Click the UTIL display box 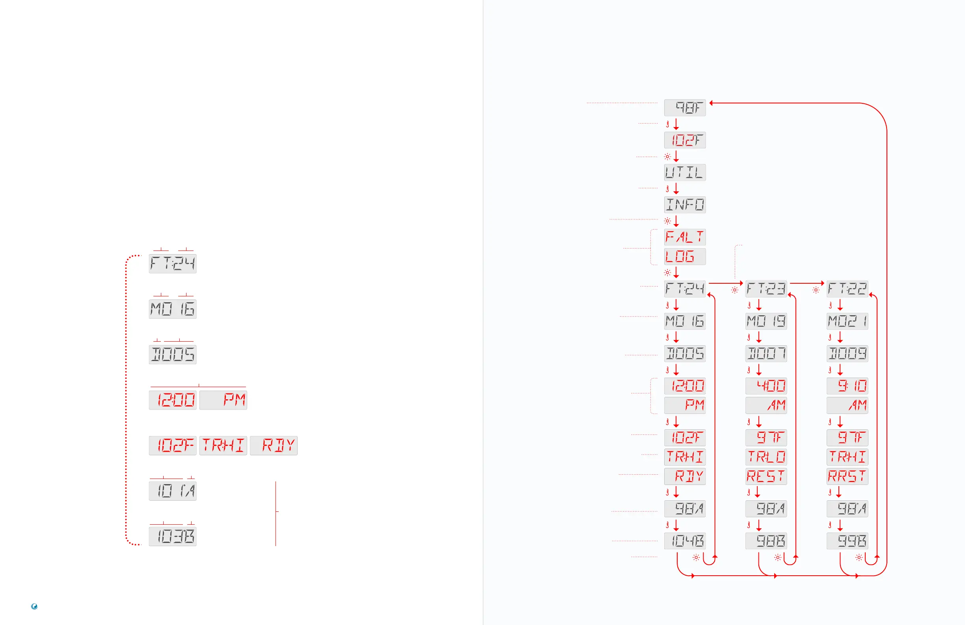684,172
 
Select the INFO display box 684,204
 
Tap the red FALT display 684,237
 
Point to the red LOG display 684,256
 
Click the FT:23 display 766,289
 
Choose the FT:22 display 847,289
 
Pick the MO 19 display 766,321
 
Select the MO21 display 847,321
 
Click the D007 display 766,354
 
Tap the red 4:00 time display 766,385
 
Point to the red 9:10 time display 847,385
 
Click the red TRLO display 766,457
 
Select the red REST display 766,476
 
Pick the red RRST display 847,476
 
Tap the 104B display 684,541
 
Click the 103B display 173,536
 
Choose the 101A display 173,491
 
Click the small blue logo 34,606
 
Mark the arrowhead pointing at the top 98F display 711,103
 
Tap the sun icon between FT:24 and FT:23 734,290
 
